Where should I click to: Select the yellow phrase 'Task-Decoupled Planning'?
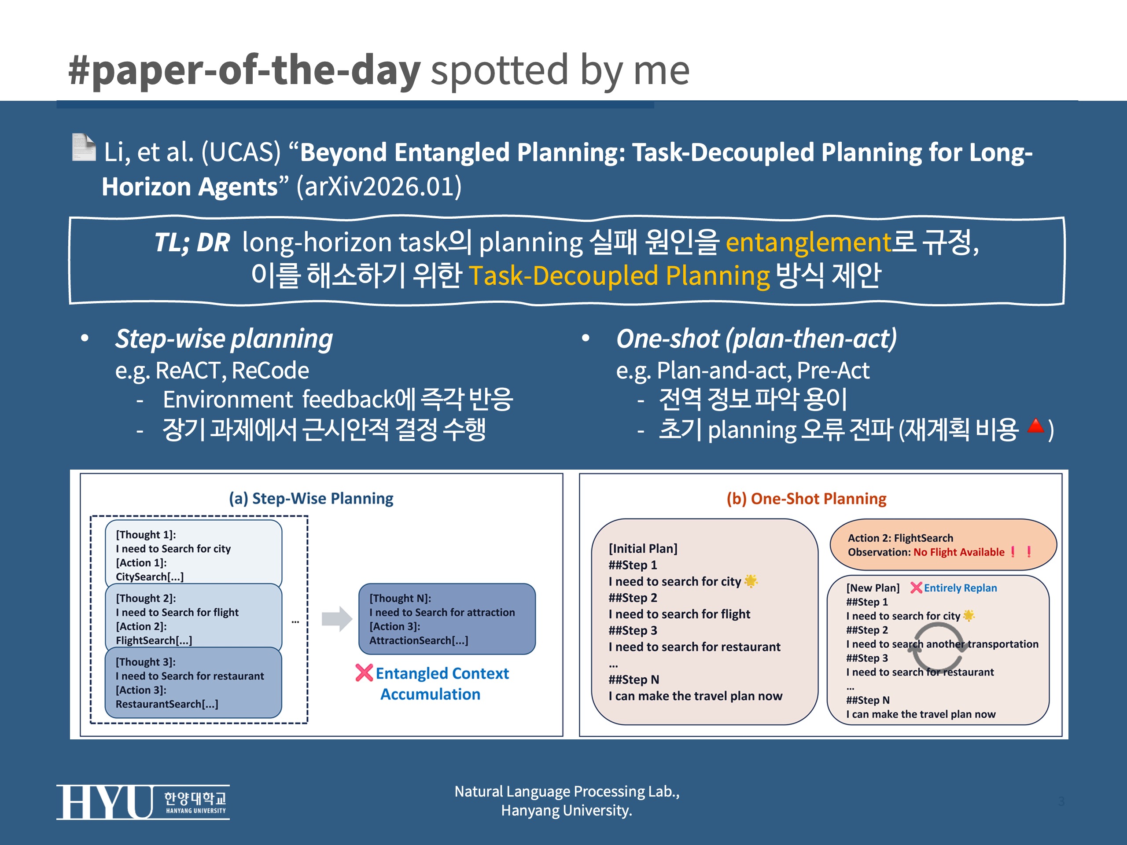pyautogui.click(x=619, y=276)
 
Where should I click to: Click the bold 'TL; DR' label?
pyautogui.click(x=192, y=242)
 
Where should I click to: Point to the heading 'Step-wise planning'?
pyautogui.click(x=224, y=339)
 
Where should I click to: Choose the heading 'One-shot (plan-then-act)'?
pyautogui.click(x=757, y=339)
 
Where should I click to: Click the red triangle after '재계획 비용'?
pyautogui.click(x=1036, y=426)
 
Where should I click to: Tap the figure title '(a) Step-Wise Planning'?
pyautogui.click(x=311, y=498)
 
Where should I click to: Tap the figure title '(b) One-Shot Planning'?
pyautogui.click(x=807, y=499)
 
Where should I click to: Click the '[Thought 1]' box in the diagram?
pyautogui.click(x=194, y=553)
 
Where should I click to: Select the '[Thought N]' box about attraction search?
pyautogui.click(x=447, y=619)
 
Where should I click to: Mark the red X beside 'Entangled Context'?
pyautogui.click(x=364, y=673)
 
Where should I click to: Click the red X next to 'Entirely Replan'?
pyautogui.click(x=916, y=588)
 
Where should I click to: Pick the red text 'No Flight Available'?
pyautogui.click(x=959, y=552)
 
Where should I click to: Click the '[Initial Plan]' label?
pyautogui.click(x=643, y=548)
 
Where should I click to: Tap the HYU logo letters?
pyautogui.click(x=104, y=802)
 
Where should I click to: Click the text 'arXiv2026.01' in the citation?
pyautogui.click(x=379, y=187)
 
